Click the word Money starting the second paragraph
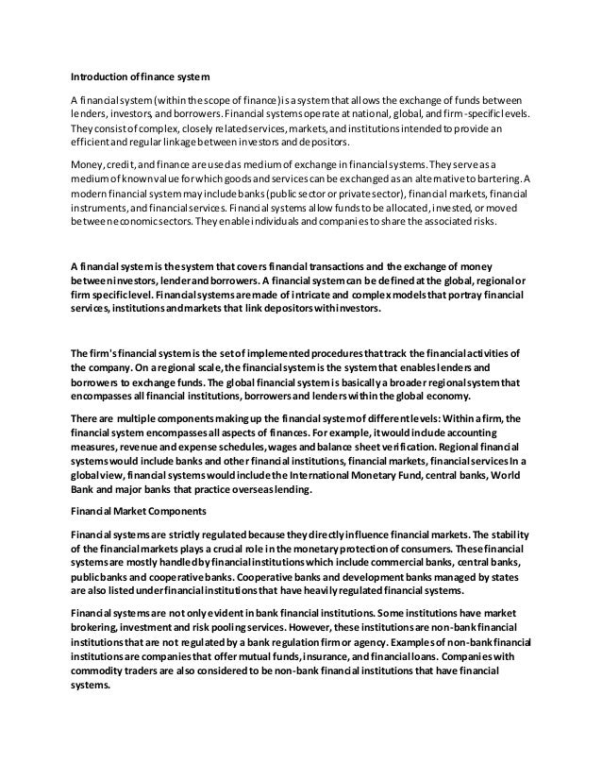pyautogui.click(x=88, y=162)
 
